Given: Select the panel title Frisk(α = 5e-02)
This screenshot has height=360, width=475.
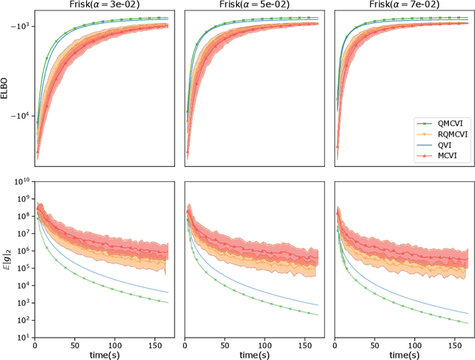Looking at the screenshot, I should [x=252, y=5].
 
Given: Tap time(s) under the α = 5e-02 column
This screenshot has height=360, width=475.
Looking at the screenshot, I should [x=252, y=355].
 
